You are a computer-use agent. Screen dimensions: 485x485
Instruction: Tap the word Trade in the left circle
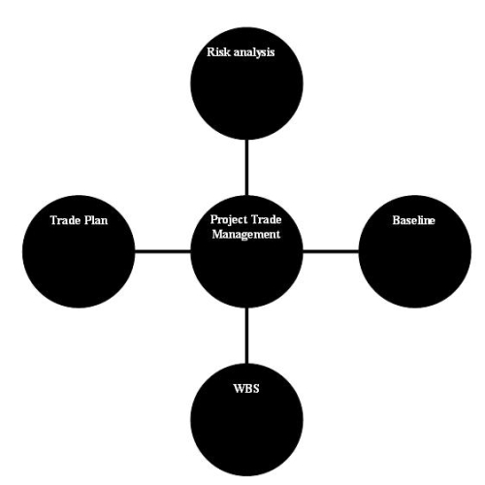click(x=65, y=220)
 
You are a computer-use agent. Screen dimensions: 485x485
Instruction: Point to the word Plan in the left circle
click(x=96, y=220)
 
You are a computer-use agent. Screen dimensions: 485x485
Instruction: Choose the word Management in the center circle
click(x=246, y=234)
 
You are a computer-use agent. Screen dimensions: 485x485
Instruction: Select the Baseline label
click(x=413, y=220)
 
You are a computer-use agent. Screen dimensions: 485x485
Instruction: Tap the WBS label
click(x=246, y=388)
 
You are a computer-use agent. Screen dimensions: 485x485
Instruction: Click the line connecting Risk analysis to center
click(x=247, y=168)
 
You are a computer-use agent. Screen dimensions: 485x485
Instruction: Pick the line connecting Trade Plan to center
click(x=163, y=251)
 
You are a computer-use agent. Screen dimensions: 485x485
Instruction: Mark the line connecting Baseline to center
click(x=331, y=251)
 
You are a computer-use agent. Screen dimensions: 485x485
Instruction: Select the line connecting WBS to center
click(x=247, y=336)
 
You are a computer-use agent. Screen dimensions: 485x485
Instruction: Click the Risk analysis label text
click(x=241, y=52)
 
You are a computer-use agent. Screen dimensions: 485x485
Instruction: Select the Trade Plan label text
click(x=79, y=220)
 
